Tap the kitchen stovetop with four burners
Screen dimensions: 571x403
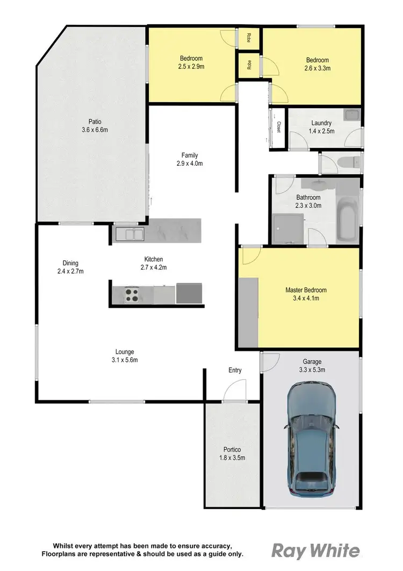(x=132, y=294)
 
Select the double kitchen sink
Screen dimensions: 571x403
(x=129, y=235)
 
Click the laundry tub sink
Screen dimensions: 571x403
(x=352, y=116)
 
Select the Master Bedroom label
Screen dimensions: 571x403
(x=306, y=290)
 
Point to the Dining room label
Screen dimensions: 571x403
(x=70, y=263)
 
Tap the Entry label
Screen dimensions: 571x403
(x=235, y=370)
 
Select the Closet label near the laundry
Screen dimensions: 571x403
(x=279, y=127)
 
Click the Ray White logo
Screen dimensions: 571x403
(x=315, y=551)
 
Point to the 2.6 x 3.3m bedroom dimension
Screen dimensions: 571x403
(x=317, y=68)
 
